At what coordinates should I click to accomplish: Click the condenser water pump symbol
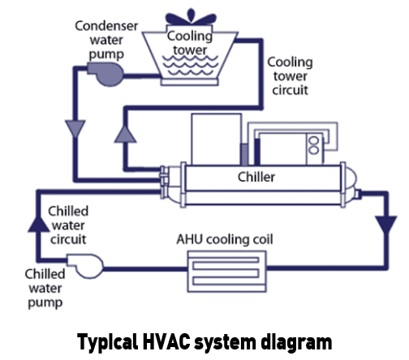click(x=106, y=74)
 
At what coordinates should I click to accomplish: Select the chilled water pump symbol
click(x=85, y=266)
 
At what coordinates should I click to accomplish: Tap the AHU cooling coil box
click(x=226, y=272)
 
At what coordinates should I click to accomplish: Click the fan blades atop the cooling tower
click(x=191, y=18)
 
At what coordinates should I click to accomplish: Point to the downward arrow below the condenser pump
click(x=75, y=129)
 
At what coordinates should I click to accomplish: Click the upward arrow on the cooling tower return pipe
click(x=125, y=134)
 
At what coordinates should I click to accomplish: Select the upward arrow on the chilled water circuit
click(x=39, y=223)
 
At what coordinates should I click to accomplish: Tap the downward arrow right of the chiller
click(x=386, y=225)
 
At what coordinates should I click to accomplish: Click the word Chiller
click(x=256, y=178)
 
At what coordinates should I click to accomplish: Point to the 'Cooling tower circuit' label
click(x=290, y=76)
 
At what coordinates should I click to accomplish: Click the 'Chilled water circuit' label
click(x=68, y=225)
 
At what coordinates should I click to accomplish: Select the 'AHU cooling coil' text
click(x=225, y=239)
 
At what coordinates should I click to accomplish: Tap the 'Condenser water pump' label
click(x=106, y=40)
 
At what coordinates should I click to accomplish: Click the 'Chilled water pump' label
click(x=45, y=289)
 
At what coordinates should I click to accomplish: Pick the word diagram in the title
click(x=296, y=343)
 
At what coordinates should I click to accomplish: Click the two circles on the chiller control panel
click(x=314, y=145)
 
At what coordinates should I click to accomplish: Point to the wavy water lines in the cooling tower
click(x=190, y=65)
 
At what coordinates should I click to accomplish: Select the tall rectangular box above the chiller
click(x=216, y=139)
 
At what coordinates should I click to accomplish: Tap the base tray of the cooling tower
click(x=189, y=82)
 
